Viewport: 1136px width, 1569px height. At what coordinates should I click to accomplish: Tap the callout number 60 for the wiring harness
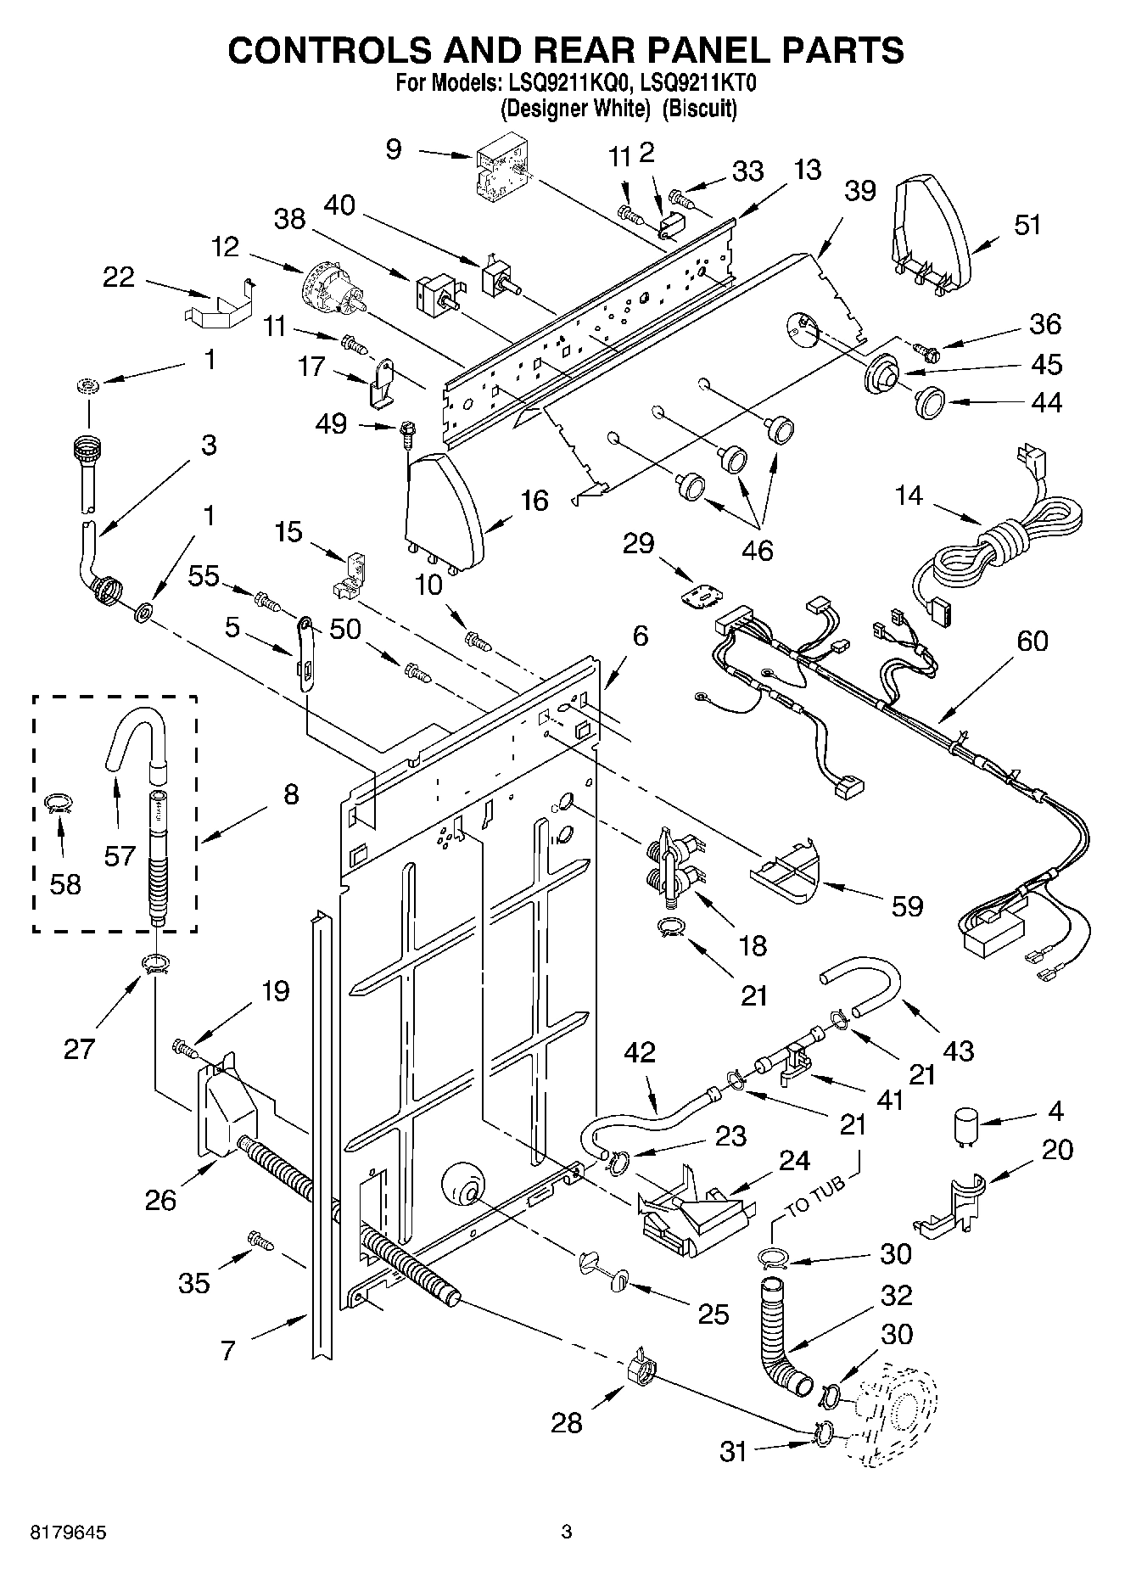(x=1032, y=641)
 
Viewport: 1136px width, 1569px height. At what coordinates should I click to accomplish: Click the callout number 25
(x=713, y=1314)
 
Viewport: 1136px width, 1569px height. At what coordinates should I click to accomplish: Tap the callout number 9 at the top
(x=393, y=150)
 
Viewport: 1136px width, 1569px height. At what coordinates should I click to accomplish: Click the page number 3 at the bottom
(x=567, y=1532)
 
